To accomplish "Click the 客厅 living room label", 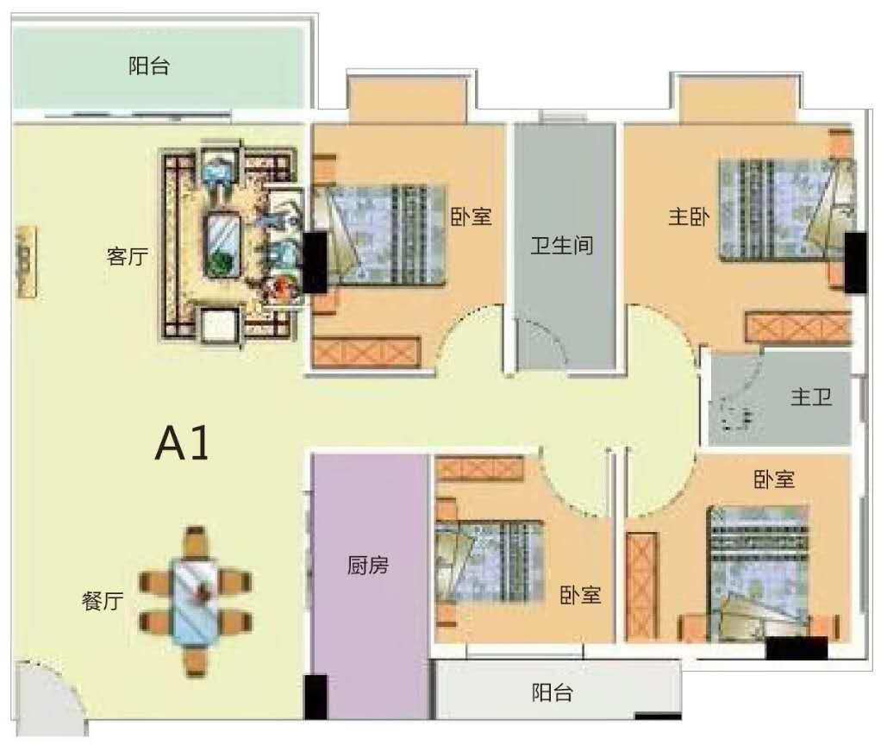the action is (128, 256).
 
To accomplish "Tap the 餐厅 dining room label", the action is (103, 600).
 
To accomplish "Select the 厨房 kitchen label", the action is (368, 565).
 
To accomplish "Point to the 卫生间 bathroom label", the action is (562, 245).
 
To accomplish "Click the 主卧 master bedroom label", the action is (689, 216).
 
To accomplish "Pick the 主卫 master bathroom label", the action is (811, 397).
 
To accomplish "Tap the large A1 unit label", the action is (182, 443).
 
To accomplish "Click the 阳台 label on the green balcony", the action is (149, 66).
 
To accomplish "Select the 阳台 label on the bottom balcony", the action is (552, 692).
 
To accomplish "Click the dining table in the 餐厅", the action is (195, 602).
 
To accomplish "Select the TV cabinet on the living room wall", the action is (27, 261).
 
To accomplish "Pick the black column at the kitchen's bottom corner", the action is (315, 698).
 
